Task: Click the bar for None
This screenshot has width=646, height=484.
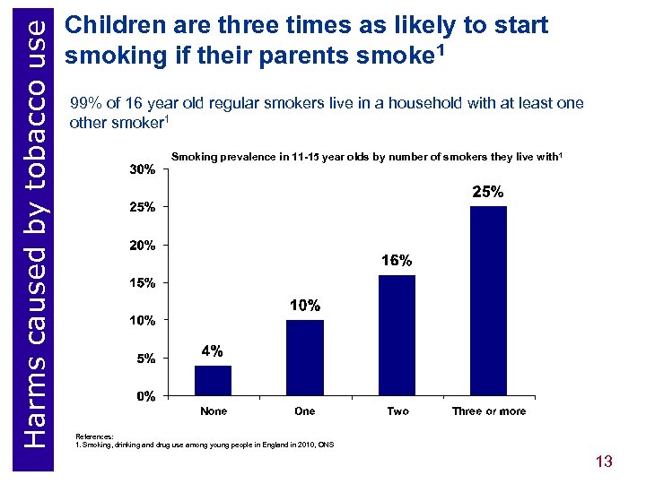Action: pos(214,380)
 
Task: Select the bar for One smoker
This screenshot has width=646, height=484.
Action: pos(305,358)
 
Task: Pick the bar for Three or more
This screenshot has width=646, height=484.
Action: pos(489,301)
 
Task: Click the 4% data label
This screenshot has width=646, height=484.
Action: pos(213,351)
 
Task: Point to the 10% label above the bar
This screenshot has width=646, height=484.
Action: pos(305,306)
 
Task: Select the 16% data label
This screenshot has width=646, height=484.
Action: pos(397,261)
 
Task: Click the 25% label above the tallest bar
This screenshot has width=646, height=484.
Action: pos(489,193)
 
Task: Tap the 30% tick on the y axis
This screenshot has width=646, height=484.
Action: pos(143,169)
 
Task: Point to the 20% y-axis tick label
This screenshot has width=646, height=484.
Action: pos(143,245)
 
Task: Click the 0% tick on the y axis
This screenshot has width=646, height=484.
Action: pos(145,396)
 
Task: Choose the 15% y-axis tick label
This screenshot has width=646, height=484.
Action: pos(143,283)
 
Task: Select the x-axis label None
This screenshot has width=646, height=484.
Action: pos(214,411)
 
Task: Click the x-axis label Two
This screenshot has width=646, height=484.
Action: pos(397,411)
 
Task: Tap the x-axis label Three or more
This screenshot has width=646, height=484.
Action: pos(489,411)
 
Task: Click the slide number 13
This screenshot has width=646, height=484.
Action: pos(603,462)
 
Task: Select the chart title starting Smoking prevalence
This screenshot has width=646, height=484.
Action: pos(366,158)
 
